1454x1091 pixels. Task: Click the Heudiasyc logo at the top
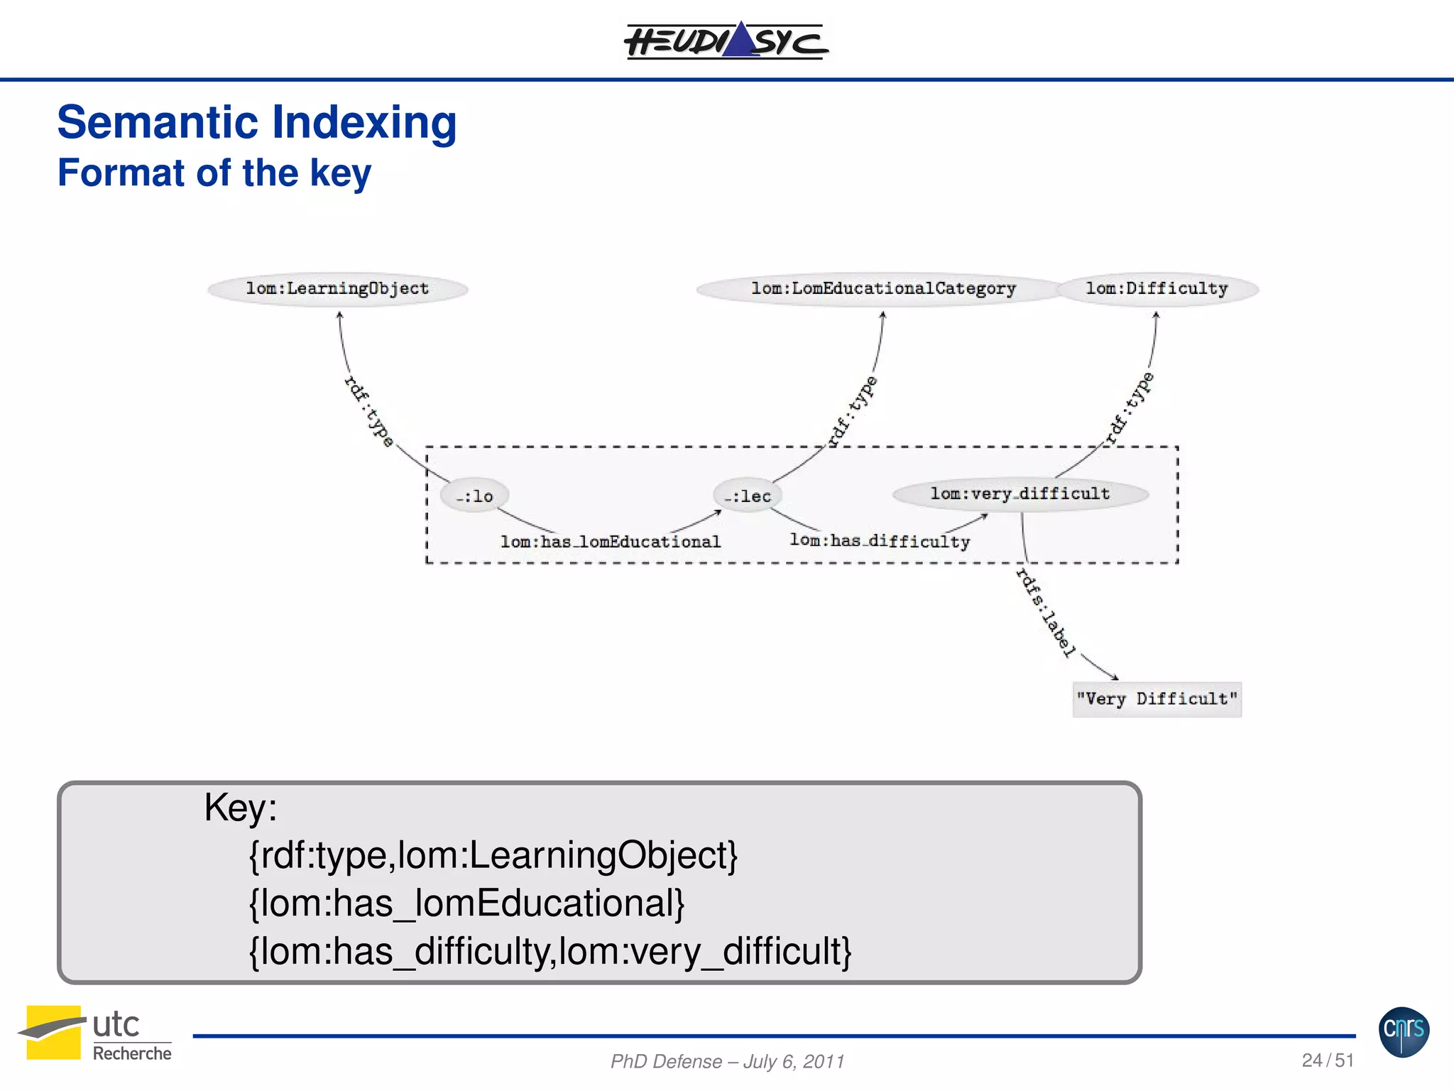tap(726, 40)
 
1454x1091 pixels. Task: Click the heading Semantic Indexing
tap(256, 122)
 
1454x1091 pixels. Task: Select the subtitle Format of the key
tap(214, 173)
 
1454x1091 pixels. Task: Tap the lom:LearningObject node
tap(337, 288)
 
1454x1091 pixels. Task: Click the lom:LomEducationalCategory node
tap(882, 288)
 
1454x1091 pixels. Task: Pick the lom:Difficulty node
tap(1157, 288)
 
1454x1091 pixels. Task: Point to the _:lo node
tap(474, 496)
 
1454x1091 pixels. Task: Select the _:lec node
tap(748, 496)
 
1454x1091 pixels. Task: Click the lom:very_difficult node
tap(1020, 494)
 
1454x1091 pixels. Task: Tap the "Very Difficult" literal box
tap(1157, 699)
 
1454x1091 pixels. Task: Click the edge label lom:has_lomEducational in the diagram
tap(611, 542)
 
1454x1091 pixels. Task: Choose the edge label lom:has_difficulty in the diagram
tap(880, 541)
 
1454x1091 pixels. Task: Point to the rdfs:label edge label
tap(1046, 612)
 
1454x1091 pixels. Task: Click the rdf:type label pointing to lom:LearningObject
tap(368, 411)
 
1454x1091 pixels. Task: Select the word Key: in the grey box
tap(240, 808)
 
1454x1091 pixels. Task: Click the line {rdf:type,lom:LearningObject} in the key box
tap(493, 855)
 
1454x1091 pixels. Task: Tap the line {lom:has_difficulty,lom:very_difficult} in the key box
tap(550, 951)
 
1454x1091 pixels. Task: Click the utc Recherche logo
tap(96, 1034)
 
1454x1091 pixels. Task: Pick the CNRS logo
tap(1404, 1031)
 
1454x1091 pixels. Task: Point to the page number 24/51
tap(1327, 1060)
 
